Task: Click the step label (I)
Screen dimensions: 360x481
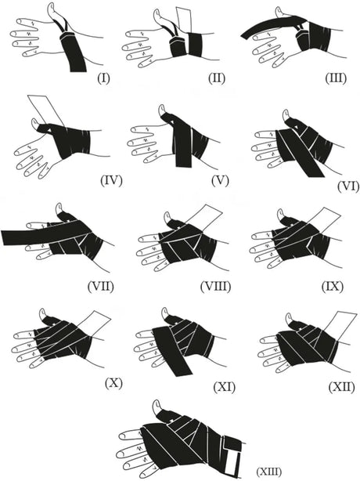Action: coord(103,78)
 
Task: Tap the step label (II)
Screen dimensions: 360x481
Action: coord(216,78)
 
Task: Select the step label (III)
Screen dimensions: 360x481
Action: coord(336,78)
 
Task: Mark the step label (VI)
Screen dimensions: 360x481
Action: coord(347,186)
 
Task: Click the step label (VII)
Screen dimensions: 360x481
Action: coord(100,286)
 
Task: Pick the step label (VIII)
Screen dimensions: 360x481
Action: coord(215,286)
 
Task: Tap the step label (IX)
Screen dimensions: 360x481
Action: coord(333,286)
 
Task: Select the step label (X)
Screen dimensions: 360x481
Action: coord(113,383)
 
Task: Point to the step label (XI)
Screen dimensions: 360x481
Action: coord(224,387)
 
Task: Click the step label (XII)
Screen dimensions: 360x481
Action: coord(341,387)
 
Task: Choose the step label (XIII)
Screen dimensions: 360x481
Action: coord(268,471)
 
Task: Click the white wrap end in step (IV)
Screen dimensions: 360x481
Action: coord(46,110)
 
